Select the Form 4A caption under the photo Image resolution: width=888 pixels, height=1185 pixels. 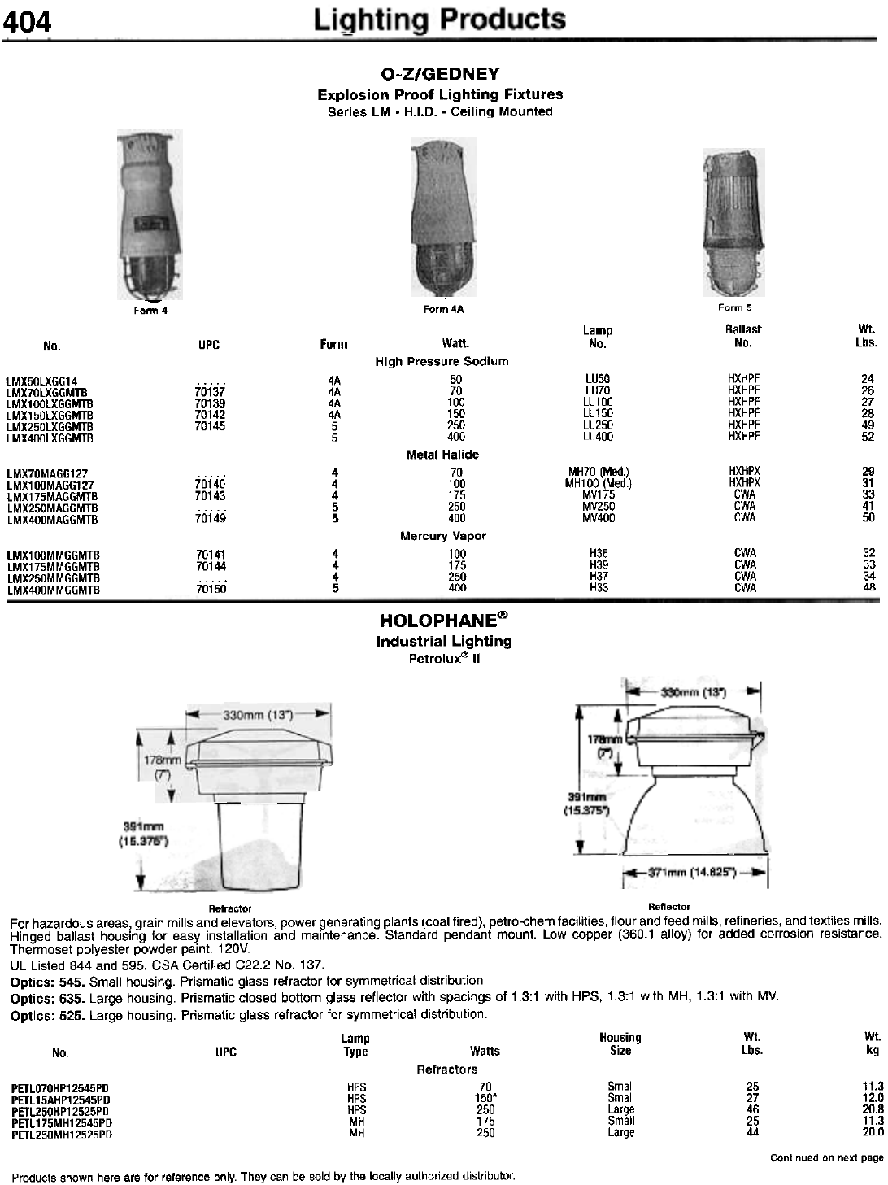click(442, 310)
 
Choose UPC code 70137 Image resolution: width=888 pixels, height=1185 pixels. click(210, 391)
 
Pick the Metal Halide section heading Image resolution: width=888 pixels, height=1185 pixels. click(442, 455)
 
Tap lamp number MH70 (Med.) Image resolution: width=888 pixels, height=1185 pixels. click(599, 472)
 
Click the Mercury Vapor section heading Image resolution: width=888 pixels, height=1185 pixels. click(442, 536)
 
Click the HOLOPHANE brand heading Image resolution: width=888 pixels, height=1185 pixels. click(443, 621)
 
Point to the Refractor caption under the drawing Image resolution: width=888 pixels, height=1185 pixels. click(230, 908)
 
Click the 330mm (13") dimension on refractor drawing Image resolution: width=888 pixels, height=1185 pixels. click(259, 714)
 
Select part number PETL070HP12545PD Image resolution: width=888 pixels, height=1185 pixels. click(60, 1087)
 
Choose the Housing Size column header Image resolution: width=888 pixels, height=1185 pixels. click(620, 1043)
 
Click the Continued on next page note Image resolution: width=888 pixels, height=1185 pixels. click(825, 1157)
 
